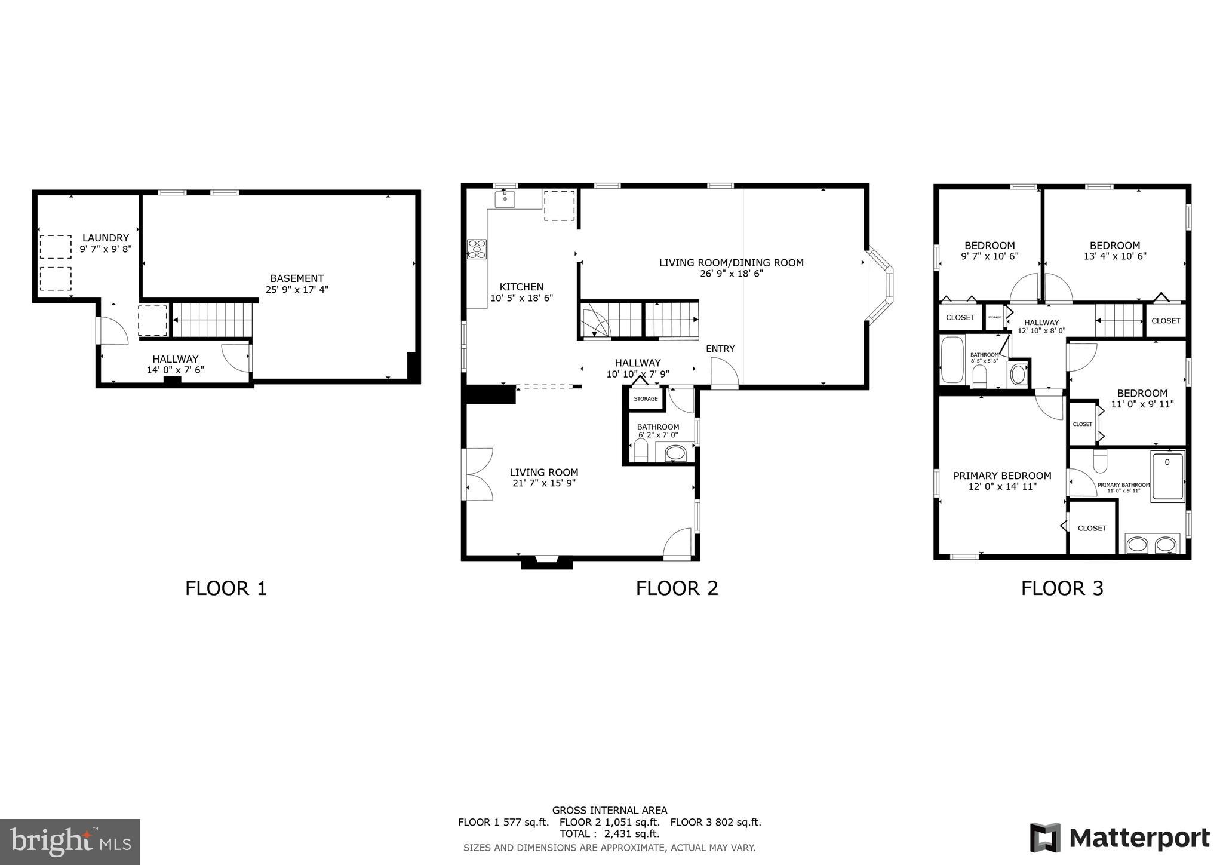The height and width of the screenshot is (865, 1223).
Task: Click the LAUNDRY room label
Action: tap(105, 238)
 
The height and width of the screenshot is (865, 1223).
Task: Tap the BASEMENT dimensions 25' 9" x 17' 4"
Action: tap(297, 290)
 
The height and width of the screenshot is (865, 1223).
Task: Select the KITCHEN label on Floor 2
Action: tap(521, 287)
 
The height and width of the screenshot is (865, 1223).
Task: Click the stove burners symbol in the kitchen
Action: tap(477, 249)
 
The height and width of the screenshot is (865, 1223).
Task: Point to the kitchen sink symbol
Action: tap(505, 198)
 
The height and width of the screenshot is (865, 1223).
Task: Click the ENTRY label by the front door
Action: tap(720, 349)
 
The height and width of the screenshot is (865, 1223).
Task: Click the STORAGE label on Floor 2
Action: tap(646, 399)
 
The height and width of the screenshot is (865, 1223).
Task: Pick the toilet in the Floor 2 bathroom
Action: tap(641, 452)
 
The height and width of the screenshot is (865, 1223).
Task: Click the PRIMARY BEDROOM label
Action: tap(1002, 476)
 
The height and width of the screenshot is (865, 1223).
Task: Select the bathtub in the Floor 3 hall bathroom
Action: tap(952, 360)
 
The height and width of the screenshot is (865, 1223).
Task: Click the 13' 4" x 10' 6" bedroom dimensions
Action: tap(1115, 256)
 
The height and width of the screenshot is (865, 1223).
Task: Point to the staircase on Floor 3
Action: tap(1118, 321)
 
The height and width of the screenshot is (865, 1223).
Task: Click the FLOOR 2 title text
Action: tap(677, 588)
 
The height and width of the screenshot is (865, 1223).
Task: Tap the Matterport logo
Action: tap(1120, 838)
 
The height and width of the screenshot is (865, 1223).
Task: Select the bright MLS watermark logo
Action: tap(70, 842)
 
